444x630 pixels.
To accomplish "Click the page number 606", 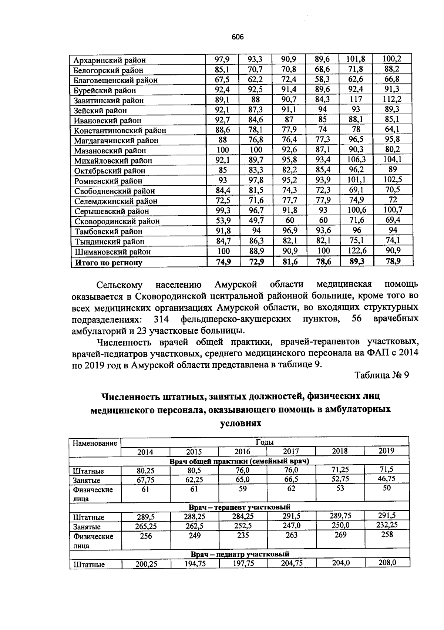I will [238, 37].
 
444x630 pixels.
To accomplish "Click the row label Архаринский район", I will [109, 60].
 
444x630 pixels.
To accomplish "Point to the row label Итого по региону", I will [108, 263].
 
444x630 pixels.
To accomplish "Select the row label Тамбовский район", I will [108, 232].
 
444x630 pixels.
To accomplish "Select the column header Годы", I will [265, 442].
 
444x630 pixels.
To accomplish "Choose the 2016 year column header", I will [242, 451].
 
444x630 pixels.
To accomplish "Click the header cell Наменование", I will [95, 443].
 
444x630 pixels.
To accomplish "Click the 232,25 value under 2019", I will [386, 525].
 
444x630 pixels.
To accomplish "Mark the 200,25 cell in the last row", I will [146, 564].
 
